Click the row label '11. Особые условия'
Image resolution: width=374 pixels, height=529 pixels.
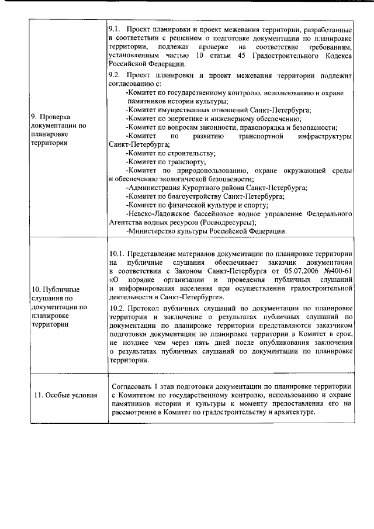pos(65,395)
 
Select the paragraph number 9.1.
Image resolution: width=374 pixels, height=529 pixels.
pos(115,29)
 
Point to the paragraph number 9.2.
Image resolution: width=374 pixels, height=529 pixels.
pos(115,76)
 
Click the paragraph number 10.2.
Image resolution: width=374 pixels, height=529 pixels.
pos(117,307)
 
